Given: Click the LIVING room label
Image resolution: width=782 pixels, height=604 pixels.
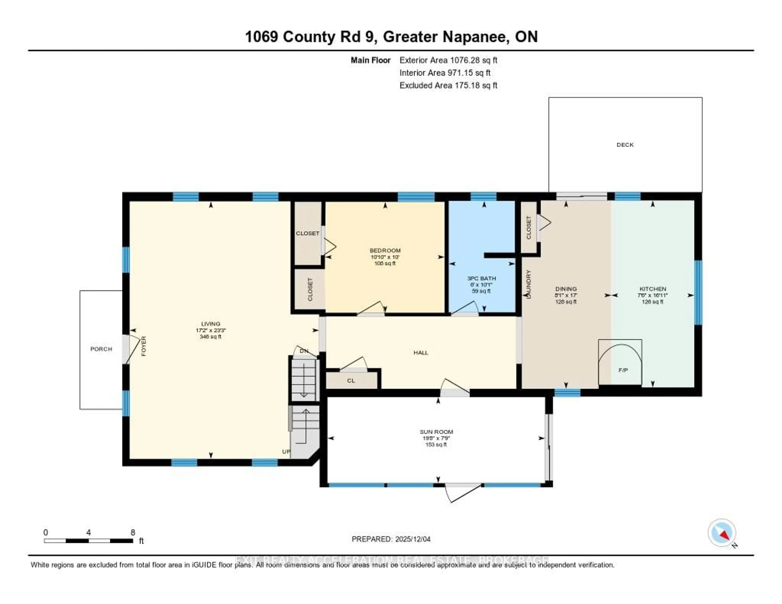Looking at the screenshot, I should (211, 324).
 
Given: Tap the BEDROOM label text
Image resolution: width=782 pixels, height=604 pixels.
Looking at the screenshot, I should (385, 250).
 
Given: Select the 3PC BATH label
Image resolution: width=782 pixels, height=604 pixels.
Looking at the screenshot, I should (481, 278).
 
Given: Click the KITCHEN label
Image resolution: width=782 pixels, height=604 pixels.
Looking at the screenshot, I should (653, 289).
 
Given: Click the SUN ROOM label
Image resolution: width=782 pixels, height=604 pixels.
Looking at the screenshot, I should (436, 432).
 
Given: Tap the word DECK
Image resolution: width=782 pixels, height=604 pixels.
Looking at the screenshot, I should (625, 145).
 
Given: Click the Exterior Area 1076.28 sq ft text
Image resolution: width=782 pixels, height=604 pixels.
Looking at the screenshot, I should (448, 60).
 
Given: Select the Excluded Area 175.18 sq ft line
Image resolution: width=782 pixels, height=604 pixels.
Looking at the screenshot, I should (448, 85).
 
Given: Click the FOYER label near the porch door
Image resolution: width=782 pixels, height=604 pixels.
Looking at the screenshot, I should (144, 346).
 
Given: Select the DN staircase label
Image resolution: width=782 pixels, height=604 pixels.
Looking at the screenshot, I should (304, 351).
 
